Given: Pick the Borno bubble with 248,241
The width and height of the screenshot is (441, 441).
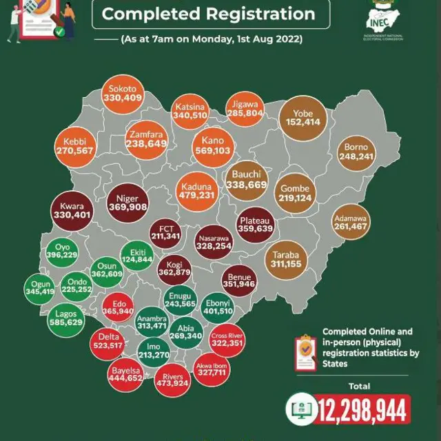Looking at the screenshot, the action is pos(356,152).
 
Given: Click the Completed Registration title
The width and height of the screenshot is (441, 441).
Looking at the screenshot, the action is pos(209,14).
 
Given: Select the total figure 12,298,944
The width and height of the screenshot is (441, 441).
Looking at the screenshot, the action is pos(362,411).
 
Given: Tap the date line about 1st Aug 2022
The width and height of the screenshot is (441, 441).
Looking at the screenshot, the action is pos(211,39).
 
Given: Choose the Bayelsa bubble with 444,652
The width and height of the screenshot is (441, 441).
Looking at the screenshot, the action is pos(125,373).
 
